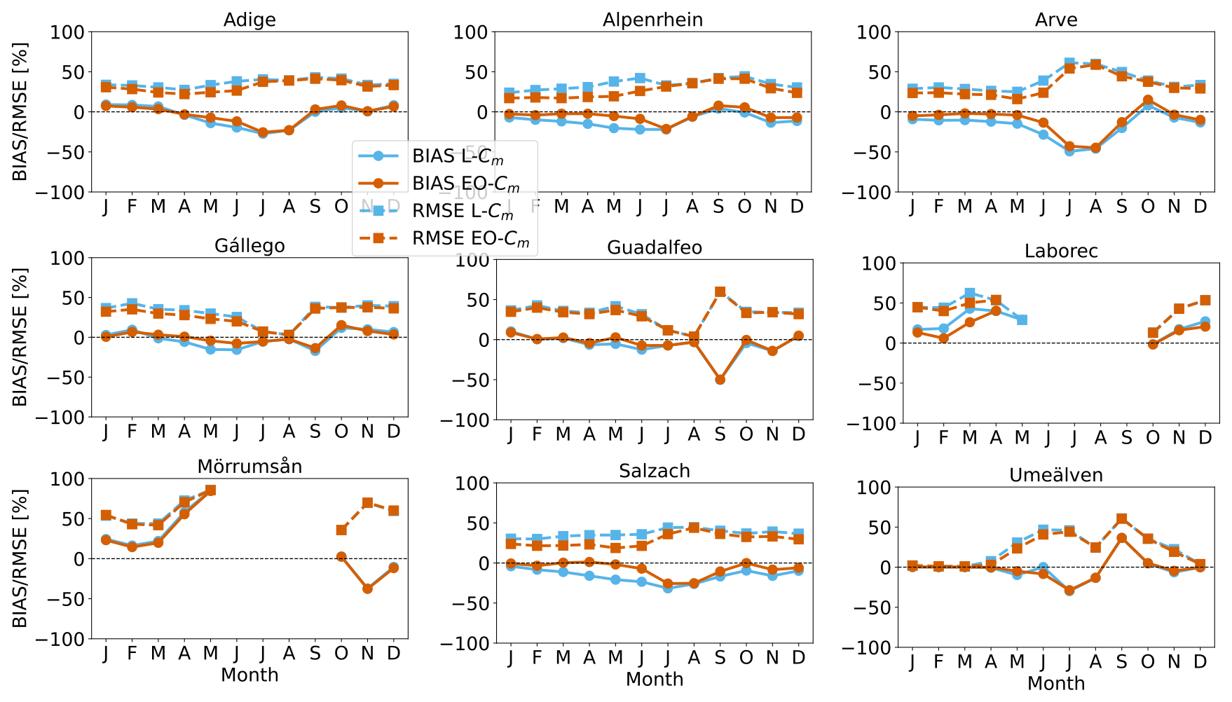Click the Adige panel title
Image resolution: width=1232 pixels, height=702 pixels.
tap(249, 20)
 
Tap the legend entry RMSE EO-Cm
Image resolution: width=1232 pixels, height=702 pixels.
tap(470, 238)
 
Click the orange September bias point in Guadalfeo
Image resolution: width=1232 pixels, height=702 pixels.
tap(720, 380)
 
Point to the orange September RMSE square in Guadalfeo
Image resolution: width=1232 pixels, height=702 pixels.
tap(720, 292)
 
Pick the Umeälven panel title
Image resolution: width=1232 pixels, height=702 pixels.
tap(1055, 475)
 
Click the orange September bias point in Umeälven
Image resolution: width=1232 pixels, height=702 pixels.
tap(1121, 538)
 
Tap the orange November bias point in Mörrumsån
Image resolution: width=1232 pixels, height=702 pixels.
tap(367, 589)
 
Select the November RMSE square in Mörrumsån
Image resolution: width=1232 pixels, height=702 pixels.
tap(367, 503)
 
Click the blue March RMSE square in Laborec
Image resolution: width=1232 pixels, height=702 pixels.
tap(969, 294)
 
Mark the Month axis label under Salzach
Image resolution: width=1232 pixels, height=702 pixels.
tap(654, 679)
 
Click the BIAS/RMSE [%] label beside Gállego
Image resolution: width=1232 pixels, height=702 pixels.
tap(20, 337)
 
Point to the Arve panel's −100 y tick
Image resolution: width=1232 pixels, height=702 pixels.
tap(868, 192)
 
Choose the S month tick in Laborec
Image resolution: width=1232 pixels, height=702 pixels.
tap(1126, 438)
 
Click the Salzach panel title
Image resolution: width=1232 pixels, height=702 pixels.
tap(654, 471)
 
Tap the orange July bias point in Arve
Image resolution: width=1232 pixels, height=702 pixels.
tap(1069, 146)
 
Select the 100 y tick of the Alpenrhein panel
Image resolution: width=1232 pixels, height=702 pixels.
tap(470, 32)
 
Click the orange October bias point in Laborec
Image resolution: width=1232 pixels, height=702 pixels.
tap(1153, 344)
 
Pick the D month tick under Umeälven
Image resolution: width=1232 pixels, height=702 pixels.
tap(1200, 661)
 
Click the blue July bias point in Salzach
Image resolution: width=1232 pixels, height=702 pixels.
tap(667, 588)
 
